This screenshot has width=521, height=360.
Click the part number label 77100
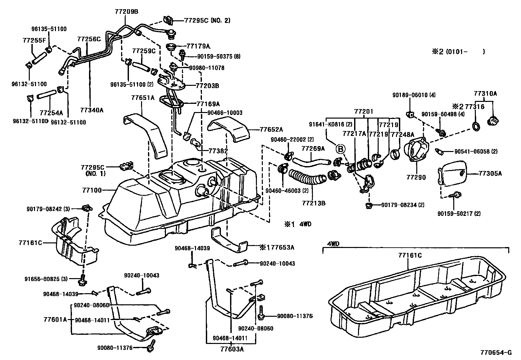point(93,190)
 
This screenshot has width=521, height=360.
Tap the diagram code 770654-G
point(495,353)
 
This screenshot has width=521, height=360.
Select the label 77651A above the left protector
point(143,98)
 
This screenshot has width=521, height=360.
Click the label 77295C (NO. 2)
point(207,20)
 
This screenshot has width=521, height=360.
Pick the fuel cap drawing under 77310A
point(493,121)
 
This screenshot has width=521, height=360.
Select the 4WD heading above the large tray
point(333,244)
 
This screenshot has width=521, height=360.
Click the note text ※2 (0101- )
point(458,51)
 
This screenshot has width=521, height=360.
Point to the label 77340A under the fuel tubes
point(92,110)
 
